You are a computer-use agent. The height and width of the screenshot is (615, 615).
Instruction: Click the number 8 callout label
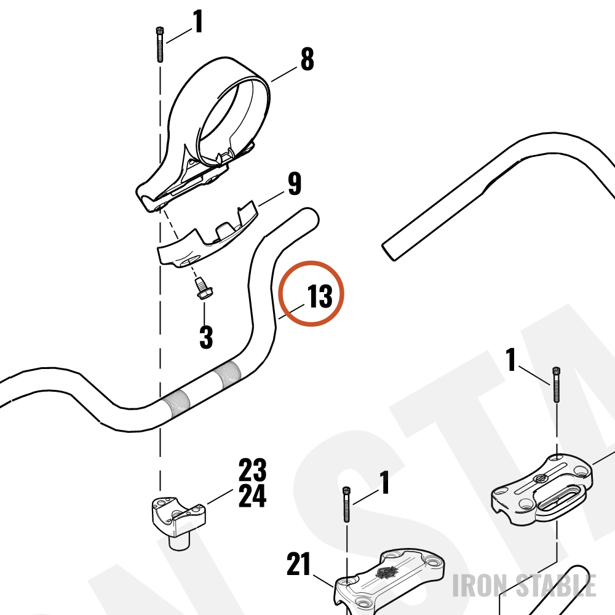tap(307, 59)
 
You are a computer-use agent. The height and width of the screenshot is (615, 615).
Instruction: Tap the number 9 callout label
tap(295, 183)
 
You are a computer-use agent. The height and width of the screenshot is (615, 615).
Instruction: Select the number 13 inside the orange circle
tap(320, 296)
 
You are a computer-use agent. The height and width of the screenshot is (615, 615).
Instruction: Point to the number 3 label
tap(206, 337)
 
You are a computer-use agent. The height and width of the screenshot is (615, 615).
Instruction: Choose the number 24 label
tap(253, 496)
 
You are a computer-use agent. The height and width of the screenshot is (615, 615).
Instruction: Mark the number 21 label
tap(298, 565)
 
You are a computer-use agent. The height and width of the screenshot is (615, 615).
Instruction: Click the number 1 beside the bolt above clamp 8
tap(198, 22)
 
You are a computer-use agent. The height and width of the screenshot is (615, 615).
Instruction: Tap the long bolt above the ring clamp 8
tap(160, 44)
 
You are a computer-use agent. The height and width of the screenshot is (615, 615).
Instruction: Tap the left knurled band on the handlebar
tap(177, 403)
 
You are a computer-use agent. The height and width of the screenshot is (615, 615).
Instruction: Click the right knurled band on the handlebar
tap(229, 374)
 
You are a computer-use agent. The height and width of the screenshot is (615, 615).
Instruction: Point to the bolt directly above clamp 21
tap(347, 504)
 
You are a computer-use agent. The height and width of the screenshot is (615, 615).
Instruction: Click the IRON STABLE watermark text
tap(525, 585)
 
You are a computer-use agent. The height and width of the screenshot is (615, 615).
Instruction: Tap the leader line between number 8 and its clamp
tap(284, 74)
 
